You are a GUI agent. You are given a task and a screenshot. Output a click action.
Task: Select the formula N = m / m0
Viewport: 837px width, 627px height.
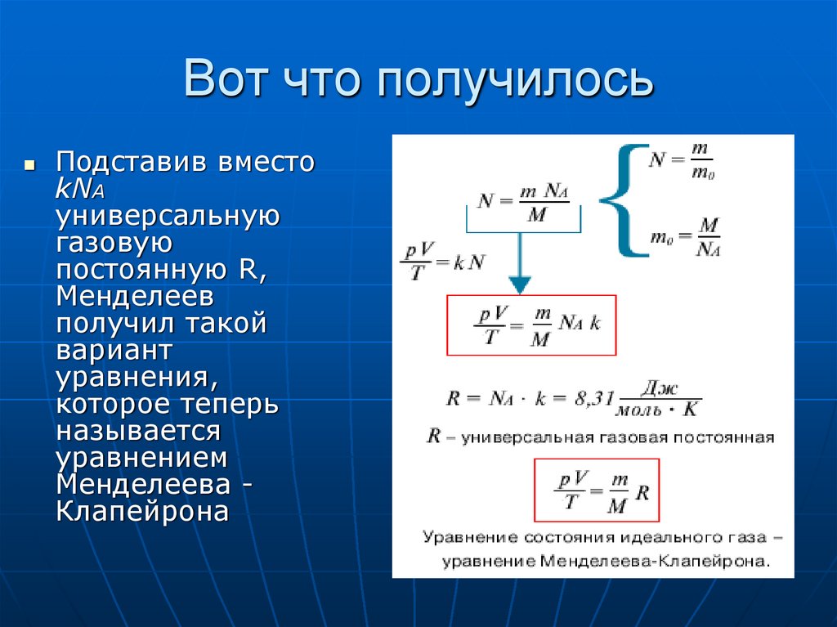click(681, 159)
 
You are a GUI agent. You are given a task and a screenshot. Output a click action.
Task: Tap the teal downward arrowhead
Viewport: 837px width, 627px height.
click(519, 284)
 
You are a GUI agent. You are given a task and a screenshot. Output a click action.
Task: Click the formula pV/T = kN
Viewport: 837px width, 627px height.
click(442, 262)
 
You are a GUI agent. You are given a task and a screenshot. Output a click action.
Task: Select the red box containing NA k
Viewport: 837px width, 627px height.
click(531, 325)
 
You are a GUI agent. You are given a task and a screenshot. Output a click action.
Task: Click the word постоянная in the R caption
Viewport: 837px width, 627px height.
click(723, 437)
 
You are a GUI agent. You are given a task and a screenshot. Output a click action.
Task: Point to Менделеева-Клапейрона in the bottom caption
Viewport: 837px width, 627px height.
click(653, 562)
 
